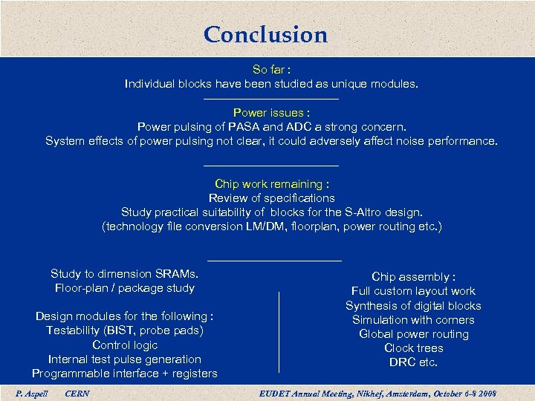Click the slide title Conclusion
[265, 34]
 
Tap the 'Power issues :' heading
[271, 113]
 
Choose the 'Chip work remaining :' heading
[271, 184]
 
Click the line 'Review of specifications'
[271, 198]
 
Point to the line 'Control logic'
[125, 345]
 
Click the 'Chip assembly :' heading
[413, 277]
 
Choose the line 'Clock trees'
[413, 348]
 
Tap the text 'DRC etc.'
[413, 362]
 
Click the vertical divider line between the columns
[279, 331]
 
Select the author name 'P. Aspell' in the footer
[31, 393]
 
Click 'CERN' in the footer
[77, 393]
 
